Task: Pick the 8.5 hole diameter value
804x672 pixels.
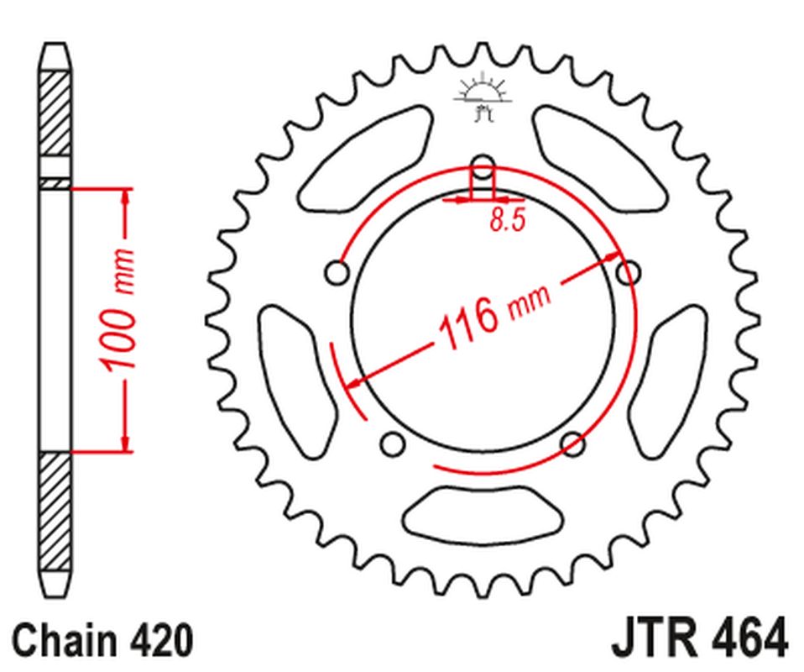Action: pyautogui.click(x=507, y=221)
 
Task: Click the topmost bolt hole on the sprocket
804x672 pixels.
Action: pyautogui.click(x=483, y=165)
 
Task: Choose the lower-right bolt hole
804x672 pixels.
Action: pyautogui.click(x=573, y=443)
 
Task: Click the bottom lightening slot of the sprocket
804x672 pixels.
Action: pyautogui.click(x=483, y=509)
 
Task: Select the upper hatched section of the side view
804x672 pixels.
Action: pyautogui.click(x=55, y=113)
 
